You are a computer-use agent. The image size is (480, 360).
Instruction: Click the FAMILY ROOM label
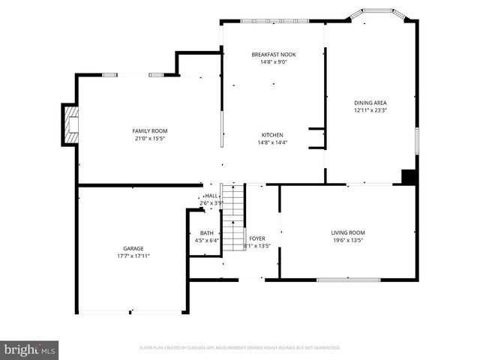149,130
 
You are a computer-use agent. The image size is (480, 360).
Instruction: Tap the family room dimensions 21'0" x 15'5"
149,139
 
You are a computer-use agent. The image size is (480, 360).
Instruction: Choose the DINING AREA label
370,102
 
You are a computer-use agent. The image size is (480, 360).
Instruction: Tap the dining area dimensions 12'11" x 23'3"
370,110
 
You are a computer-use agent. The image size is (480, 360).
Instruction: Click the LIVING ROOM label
347,232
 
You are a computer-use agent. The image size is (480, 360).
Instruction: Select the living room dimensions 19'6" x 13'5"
347,241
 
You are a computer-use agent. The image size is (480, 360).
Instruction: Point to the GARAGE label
133,248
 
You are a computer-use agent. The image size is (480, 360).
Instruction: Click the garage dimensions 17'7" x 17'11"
133,256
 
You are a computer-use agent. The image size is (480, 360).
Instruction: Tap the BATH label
205,233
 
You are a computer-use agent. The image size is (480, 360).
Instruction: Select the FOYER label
257,238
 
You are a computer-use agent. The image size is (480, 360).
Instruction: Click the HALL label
211,195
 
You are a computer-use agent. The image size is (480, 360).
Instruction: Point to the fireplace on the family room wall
71,124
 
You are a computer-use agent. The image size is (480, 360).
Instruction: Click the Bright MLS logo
30,349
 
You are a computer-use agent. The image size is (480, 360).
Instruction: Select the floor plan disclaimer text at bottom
240,348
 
